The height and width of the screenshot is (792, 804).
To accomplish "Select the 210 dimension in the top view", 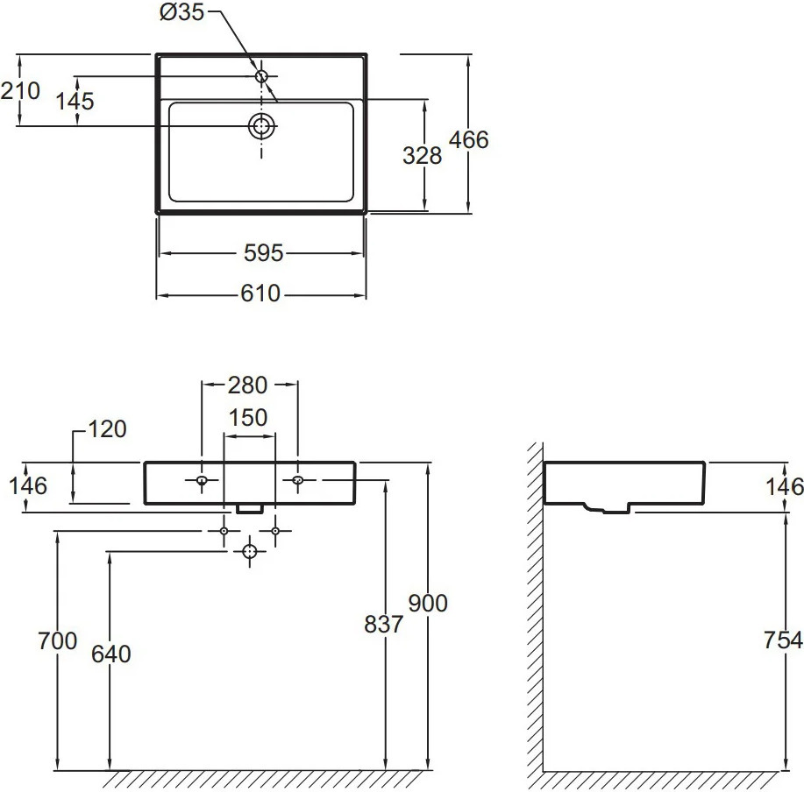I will coord(20,90).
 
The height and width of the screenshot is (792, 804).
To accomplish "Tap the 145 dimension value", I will coord(75,101).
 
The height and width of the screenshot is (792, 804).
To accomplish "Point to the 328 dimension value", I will coord(422,155).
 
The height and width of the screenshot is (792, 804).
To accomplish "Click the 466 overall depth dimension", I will coord(468,139).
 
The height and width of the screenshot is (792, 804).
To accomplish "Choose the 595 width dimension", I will coord(263,253).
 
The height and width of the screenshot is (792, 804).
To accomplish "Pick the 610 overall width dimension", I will coord(261,294).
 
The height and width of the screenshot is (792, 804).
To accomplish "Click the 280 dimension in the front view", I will coord(249,385).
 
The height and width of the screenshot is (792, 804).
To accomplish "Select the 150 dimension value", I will coord(249,418).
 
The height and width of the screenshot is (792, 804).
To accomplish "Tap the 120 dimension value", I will coord(107,429).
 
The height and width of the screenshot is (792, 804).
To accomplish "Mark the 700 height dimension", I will coord(58,641).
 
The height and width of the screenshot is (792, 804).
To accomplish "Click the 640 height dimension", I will coord(110,654).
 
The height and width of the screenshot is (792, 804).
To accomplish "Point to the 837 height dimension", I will coord(383,624).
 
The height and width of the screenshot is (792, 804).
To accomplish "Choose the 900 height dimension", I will coord(428,603).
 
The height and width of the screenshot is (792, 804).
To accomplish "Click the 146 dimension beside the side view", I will coord(783,485).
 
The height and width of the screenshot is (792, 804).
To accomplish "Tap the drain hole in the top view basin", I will coord(261,126).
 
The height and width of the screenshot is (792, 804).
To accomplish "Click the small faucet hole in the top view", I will coord(261,77).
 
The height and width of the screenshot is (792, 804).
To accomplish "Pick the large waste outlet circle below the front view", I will coord(250,551).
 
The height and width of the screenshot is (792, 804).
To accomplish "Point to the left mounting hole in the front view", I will coord(202,480).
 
